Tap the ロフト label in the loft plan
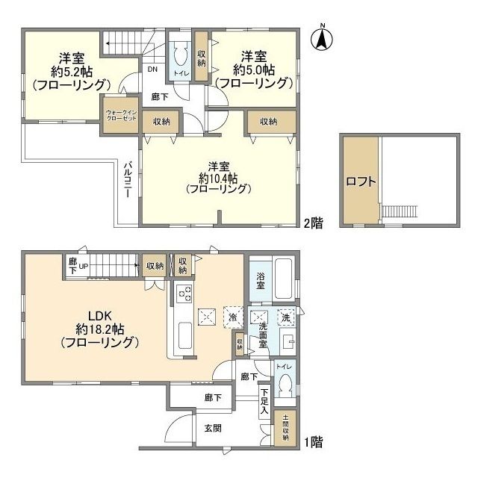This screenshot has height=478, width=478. (x=360, y=181)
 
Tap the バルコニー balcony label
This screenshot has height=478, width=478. (x=128, y=179)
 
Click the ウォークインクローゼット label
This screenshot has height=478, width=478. (x=120, y=116)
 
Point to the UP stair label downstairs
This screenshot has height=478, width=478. (x=84, y=266)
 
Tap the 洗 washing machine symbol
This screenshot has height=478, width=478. (x=285, y=317)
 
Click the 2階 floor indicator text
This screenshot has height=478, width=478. (x=313, y=223)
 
